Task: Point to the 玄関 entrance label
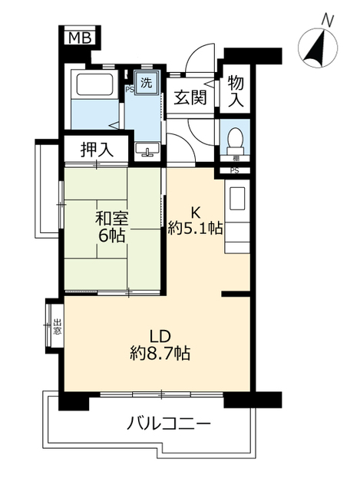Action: (x=189, y=98)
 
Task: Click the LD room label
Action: (x=159, y=336)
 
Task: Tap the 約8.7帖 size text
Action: (x=159, y=354)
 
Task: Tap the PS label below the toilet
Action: (x=234, y=170)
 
